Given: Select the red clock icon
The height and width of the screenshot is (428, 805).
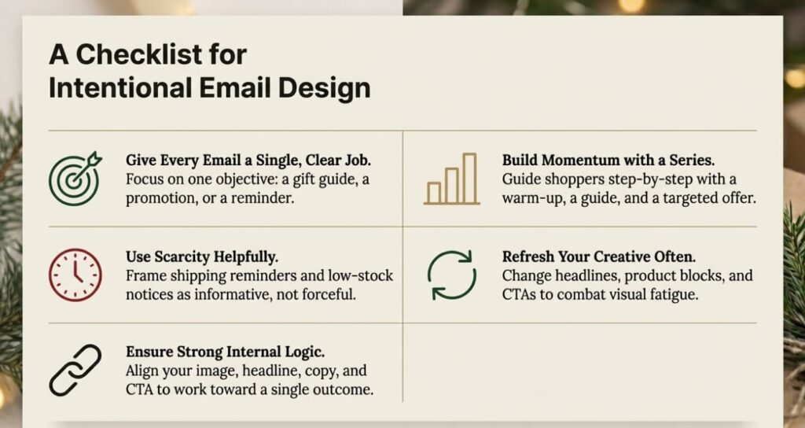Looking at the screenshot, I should (x=75, y=275).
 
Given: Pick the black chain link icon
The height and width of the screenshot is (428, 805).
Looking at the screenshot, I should (x=75, y=370).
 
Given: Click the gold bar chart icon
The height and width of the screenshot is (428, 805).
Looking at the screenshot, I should (x=451, y=179).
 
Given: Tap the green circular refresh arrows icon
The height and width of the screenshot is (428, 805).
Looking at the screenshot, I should (x=451, y=275).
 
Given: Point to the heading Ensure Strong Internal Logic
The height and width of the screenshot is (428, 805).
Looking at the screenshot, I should (x=222, y=352).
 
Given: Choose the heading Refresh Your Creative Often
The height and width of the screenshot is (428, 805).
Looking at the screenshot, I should (x=599, y=256).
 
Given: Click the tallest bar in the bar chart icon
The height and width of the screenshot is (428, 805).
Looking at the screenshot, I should (x=469, y=178).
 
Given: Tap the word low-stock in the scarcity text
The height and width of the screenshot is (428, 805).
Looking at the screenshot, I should (x=358, y=275).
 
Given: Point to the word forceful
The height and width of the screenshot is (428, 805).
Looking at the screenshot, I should (x=319, y=294).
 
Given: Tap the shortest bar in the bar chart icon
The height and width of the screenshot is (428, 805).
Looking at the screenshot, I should (x=433, y=193).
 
